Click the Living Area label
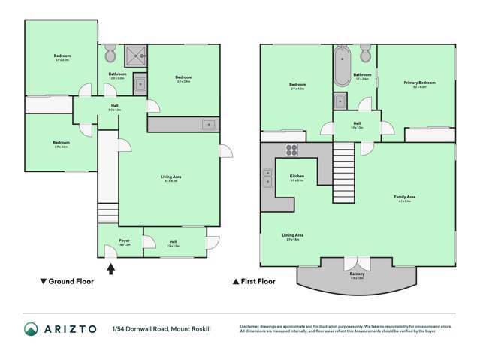(171, 178)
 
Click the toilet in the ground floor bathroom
(110, 55)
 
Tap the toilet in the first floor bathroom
(366, 54)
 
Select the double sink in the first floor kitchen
(267, 178)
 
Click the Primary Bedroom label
(415, 84)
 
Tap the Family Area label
(406, 198)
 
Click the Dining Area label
(293, 236)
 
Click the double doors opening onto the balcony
(356, 264)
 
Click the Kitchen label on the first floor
(297, 177)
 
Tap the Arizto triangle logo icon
(31, 329)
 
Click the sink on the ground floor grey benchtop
(208, 124)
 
